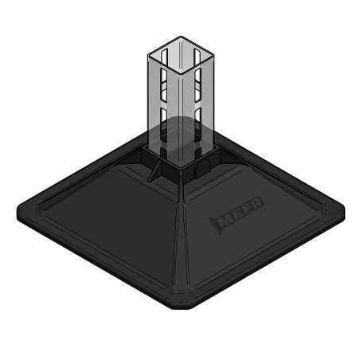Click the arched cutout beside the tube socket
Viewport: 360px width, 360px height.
pyautogui.click(x=202, y=163)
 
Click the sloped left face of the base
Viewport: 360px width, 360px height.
pyautogui.click(x=104, y=215)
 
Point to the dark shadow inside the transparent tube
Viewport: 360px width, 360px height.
pyautogui.click(x=176, y=127)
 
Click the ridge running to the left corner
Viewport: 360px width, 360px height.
pyautogui.click(x=88, y=190)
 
